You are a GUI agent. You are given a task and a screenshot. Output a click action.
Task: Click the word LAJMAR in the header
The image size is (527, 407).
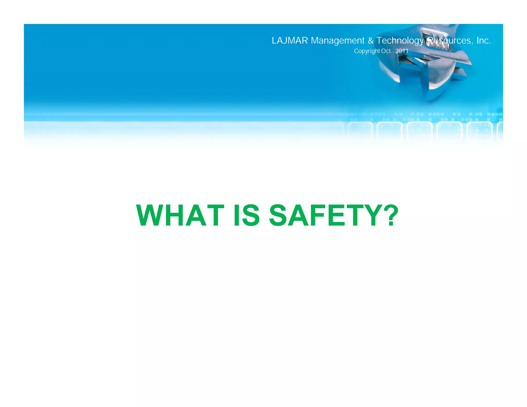click(290, 41)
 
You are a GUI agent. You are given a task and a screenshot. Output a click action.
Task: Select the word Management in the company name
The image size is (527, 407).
click(338, 41)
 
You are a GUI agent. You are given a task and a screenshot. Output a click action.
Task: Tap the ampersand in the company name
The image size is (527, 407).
click(371, 41)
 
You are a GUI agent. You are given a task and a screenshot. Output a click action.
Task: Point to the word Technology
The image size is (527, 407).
click(400, 41)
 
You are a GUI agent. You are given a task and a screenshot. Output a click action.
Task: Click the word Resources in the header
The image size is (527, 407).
click(449, 41)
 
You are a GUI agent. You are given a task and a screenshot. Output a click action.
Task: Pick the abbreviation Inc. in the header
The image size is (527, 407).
click(484, 41)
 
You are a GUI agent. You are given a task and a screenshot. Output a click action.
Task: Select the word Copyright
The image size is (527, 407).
click(367, 51)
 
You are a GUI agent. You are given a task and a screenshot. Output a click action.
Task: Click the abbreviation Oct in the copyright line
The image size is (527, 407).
click(386, 51)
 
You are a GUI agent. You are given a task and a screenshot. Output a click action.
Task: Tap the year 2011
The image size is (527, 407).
click(402, 51)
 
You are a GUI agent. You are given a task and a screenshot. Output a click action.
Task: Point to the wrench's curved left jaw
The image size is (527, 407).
click(386, 69)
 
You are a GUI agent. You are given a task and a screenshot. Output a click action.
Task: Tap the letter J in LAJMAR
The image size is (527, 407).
click(285, 41)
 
